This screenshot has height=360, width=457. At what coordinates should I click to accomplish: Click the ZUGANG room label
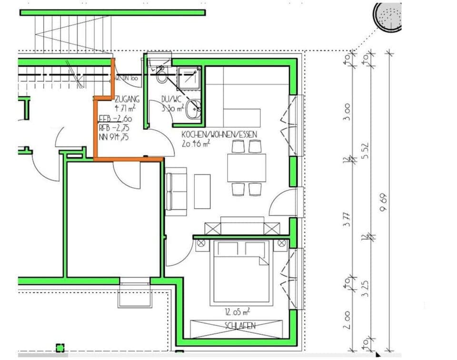click(x=127, y=100)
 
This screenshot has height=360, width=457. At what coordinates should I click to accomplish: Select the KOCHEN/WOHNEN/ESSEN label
click(x=219, y=135)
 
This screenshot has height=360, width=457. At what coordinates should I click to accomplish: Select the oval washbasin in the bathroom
click(x=194, y=109)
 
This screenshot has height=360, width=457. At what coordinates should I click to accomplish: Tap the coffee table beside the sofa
click(x=202, y=191)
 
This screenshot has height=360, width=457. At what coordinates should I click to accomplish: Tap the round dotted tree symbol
click(x=387, y=17)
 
